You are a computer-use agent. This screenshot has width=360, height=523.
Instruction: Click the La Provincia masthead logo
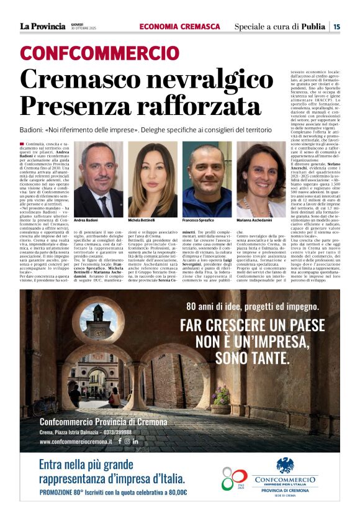pos(42,26)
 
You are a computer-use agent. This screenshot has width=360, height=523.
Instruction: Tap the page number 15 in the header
pos(336,27)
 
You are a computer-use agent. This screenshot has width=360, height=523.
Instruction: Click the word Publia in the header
pos(313,27)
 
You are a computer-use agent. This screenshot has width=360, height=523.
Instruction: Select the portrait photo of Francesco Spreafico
pos(207,180)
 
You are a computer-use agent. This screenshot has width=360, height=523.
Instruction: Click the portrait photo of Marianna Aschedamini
pos(261,180)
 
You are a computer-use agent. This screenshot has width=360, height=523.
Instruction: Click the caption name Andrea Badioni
pos(87,221)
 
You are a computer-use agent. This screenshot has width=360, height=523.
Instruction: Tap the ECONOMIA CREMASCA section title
pos(179,27)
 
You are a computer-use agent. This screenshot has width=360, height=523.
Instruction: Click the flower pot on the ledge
pos(220,398)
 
